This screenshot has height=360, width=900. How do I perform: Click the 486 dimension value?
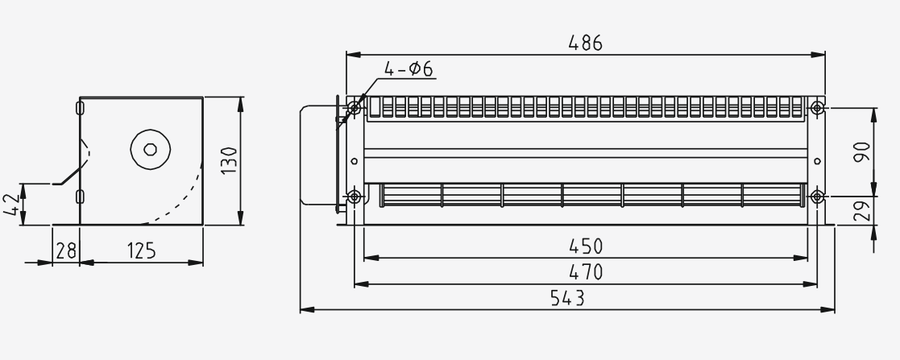[585, 43]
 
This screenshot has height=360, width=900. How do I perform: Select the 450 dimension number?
[586, 246]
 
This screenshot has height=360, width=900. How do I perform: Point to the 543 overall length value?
[568, 298]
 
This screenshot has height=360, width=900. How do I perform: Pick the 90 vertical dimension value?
[861, 151]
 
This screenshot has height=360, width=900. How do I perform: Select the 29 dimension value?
[861, 212]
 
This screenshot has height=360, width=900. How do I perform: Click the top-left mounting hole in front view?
[354, 106]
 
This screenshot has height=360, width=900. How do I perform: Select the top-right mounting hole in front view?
[817, 106]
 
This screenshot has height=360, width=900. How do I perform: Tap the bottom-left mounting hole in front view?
[354, 196]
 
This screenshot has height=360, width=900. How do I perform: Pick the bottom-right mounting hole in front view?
[817, 196]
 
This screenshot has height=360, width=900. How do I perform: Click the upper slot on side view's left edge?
[79, 107]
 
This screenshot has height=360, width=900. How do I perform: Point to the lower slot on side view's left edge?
[79, 197]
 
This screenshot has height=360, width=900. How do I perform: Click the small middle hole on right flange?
[817, 161]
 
